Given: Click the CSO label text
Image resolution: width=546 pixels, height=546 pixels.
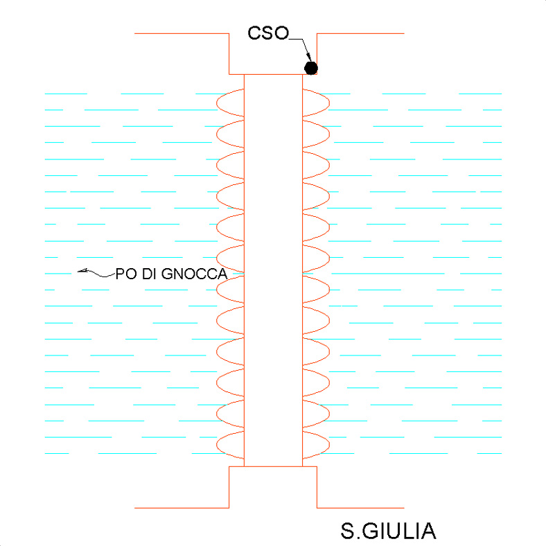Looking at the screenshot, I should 267,33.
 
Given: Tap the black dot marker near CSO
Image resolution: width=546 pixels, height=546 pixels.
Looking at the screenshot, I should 311,68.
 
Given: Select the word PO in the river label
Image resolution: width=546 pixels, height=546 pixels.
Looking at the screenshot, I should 124,274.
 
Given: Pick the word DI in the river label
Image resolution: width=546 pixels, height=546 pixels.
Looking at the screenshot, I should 148,274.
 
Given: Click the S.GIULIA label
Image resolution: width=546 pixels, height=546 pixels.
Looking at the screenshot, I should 388,531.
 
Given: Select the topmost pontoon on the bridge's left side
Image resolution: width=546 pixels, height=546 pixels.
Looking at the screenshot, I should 231,101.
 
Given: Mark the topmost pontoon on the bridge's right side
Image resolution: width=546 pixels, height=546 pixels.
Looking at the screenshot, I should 315,101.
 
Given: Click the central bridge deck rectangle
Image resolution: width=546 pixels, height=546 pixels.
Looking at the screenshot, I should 273,270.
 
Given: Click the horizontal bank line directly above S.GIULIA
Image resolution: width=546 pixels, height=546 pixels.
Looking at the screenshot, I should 360,508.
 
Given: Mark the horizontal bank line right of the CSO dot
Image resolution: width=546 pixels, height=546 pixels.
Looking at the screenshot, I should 360,33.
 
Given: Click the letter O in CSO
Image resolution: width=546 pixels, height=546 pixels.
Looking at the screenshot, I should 280,33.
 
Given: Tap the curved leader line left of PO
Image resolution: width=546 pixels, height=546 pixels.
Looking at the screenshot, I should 97,273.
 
